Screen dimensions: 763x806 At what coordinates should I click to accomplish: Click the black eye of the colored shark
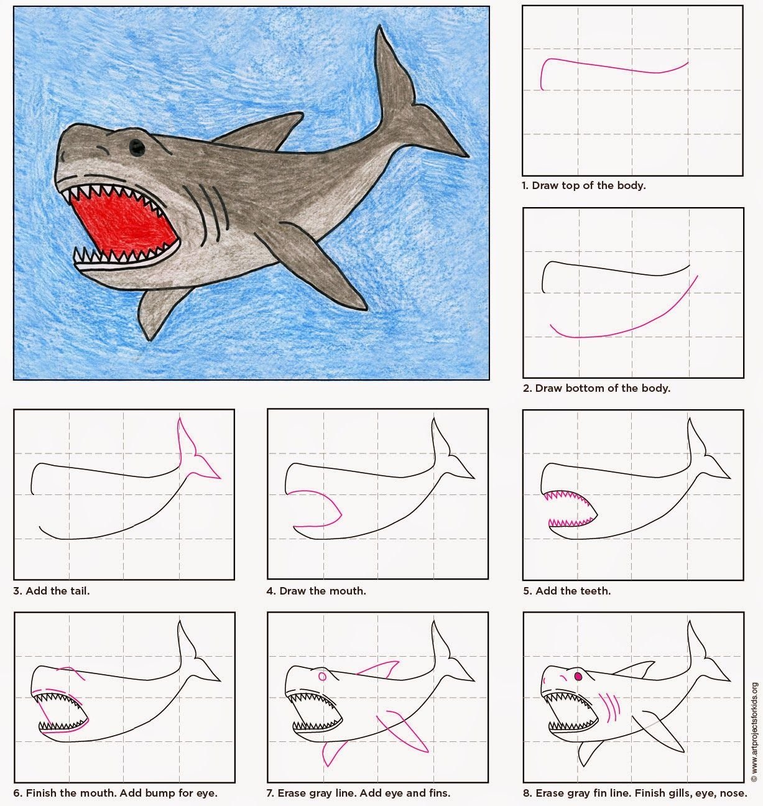tap(137, 147)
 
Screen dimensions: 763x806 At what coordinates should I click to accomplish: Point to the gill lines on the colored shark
tap(207, 213)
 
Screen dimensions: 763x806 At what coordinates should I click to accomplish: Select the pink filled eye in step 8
tap(578, 676)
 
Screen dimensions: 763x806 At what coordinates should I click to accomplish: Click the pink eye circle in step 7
tap(323, 676)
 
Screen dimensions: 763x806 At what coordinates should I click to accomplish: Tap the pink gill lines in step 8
tap(609, 708)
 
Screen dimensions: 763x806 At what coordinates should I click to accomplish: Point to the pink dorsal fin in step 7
tap(378, 669)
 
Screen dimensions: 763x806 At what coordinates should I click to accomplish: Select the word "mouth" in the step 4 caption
tap(350, 591)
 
